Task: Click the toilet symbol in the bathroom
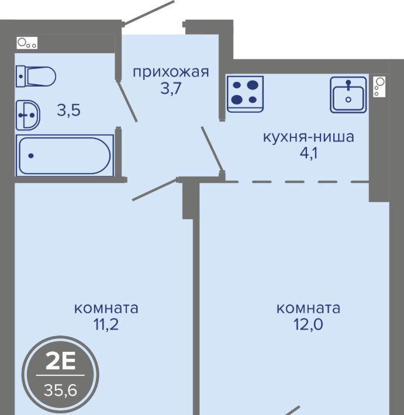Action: point(36,77)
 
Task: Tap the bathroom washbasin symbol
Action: point(28,115)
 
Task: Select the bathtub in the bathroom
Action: point(65,155)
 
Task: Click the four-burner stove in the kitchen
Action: point(245,94)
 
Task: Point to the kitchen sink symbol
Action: point(348,95)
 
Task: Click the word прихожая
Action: point(171,72)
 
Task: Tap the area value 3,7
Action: point(171,88)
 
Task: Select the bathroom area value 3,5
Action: point(68,110)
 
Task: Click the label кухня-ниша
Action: point(309,137)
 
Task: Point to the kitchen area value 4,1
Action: point(309,153)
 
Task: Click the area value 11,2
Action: point(106,324)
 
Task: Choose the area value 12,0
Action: point(309,324)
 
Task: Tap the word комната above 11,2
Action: point(106,309)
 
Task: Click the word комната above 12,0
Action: point(309,309)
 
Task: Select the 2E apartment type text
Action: point(61,362)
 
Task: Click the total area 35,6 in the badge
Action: point(61,390)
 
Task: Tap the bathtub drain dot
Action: point(31,155)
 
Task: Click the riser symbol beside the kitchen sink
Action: point(379,87)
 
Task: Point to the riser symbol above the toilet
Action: point(27,43)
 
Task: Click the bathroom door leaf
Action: point(127,101)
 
